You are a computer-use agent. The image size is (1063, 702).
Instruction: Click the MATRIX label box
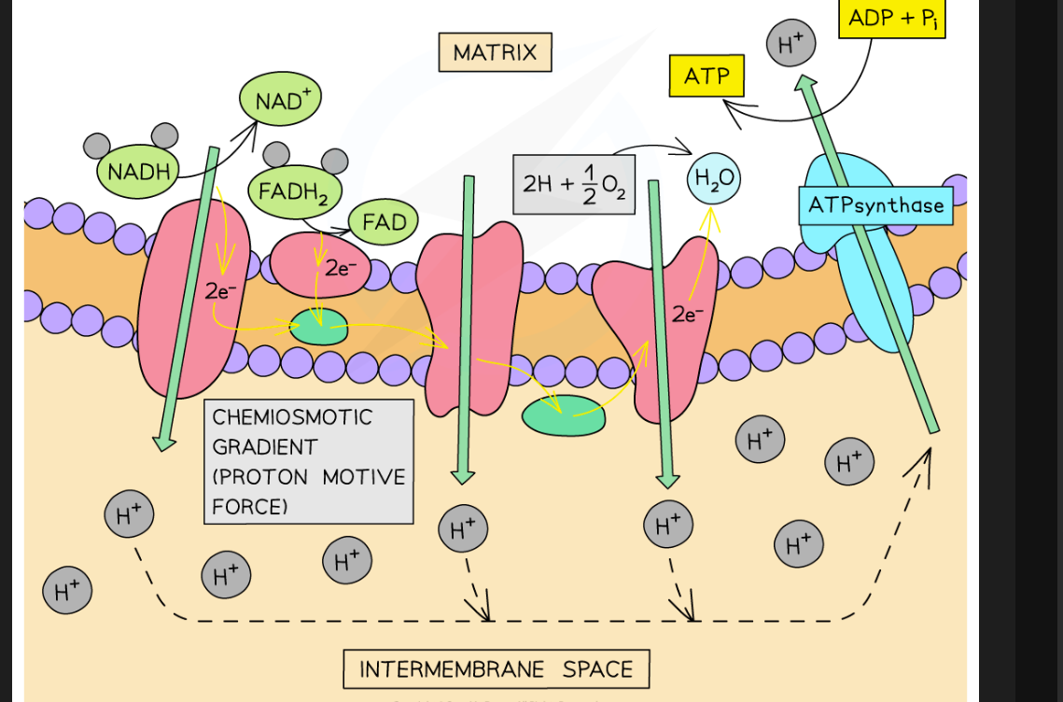coord(495,52)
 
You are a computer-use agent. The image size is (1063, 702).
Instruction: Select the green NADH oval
coord(138,172)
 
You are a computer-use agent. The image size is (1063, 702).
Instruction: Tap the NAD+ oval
coord(279,98)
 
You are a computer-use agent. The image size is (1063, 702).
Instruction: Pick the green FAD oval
coord(384,222)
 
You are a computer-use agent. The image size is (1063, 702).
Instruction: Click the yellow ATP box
coord(706,76)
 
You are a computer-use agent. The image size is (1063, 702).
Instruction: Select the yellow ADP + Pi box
coord(891,18)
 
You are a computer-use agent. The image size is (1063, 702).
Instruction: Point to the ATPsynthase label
coord(875,205)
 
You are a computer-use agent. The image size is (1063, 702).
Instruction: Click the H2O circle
coord(714,179)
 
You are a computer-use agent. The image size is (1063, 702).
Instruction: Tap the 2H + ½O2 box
coord(574,184)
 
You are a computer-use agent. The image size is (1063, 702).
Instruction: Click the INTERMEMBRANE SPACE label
coord(496,669)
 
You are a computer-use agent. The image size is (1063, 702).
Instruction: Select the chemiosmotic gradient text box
coord(308,461)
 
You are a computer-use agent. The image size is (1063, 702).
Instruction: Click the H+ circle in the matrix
coord(790,43)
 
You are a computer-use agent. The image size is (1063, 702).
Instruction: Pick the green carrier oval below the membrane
coord(564,416)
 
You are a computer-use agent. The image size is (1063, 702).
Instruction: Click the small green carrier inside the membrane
coord(320,327)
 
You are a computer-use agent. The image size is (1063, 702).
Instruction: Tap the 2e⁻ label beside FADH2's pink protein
coord(340,268)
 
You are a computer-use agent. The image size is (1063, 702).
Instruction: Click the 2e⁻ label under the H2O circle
coord(688,315)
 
